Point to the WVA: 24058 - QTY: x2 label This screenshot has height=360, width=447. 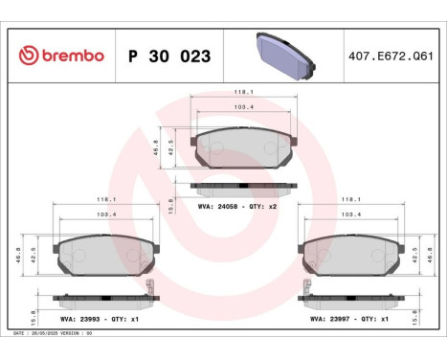[236, 204]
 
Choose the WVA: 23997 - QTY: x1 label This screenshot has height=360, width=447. [345, 320]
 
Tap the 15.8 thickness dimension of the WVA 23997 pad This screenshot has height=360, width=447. [428, 312]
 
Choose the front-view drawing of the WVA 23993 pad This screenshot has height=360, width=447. [96, 255]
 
